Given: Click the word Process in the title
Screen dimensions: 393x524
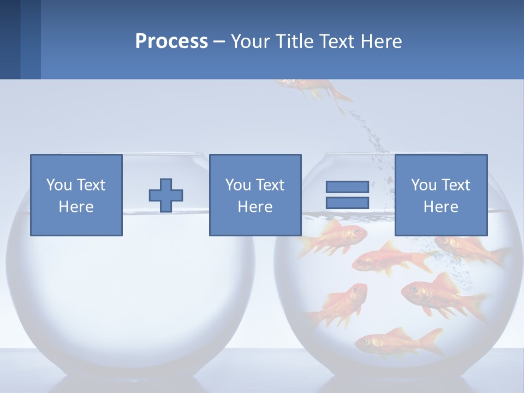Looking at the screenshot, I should [x=171, y=41].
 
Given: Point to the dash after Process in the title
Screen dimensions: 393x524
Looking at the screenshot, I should [x=218, y=42].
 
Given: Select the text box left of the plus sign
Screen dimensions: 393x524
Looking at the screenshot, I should [x=76, y=195].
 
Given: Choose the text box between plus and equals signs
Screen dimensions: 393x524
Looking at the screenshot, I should [x=255, y=195].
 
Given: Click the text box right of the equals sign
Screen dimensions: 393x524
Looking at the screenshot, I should [x=440, y=195].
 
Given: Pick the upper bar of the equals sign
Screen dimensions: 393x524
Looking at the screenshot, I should [x=347, y=187].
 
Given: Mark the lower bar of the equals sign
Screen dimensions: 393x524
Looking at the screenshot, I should [x=347, y=203].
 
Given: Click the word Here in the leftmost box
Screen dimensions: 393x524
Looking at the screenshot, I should [x=76, y=207].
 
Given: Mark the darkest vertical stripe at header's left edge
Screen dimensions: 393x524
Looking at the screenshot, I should [x=10, y=39].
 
